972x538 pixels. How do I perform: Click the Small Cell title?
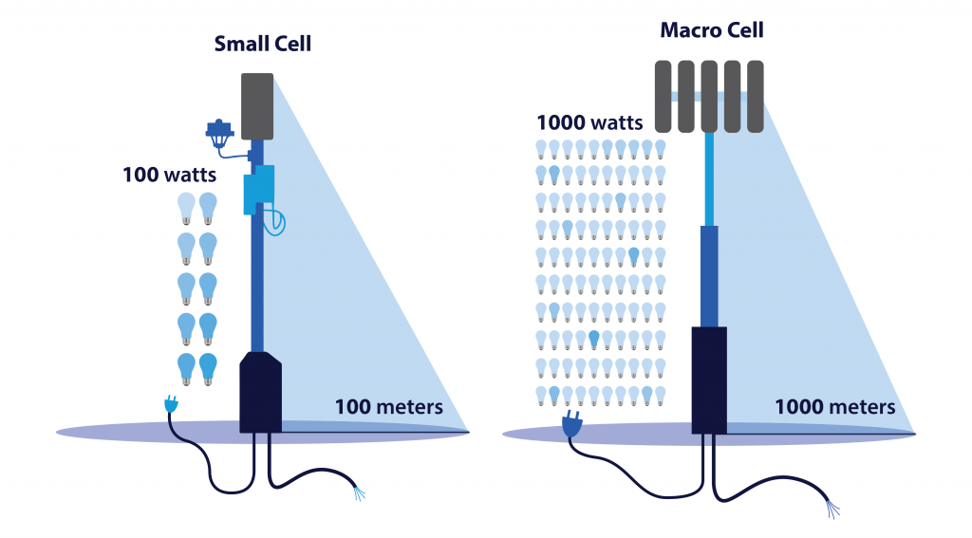(263, 44)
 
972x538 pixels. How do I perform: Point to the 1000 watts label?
(589, 121)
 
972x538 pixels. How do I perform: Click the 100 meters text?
(388, 407)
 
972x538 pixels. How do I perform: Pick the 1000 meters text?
(834, 407)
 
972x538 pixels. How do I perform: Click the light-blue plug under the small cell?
(171, 405)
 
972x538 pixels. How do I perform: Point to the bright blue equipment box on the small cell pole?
(257, 190)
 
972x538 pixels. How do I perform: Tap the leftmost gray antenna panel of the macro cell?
(664, 96)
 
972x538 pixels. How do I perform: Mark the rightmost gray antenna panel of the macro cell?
(756, 96)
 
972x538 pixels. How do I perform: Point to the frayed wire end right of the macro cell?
(832, 510)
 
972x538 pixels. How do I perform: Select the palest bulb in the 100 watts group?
(186, 206)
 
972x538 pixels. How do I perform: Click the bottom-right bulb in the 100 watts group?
(208, 368)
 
